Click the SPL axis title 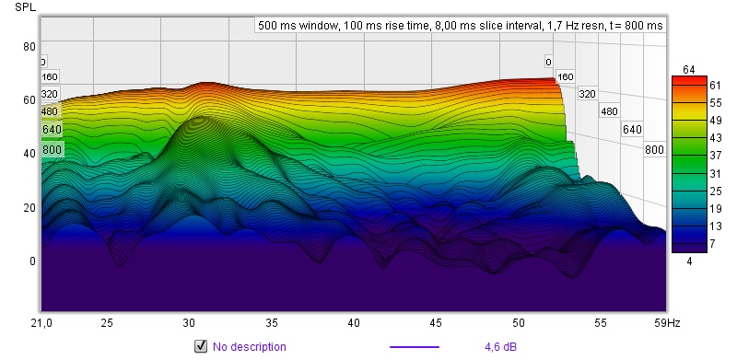[x=25, y=6]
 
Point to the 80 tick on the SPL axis [x=29, y=46]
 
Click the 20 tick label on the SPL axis [x=29, y=207]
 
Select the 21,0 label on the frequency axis [x=41, y=323]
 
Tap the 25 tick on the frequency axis [x=107, y=323]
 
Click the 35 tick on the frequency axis [x=271, y=323]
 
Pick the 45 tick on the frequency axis [x=436, y=323]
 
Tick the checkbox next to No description [x=201, y=347]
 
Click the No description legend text [x=249, y=347]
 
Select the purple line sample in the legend [x=415, y=347]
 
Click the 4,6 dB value [x=500, y=347]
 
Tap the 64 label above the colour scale [x=689, y=70]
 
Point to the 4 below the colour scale [x=689, y=261]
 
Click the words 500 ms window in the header [x=298, y=26]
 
